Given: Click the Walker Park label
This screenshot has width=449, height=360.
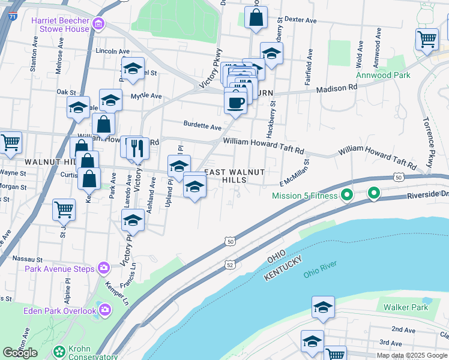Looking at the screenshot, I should click(x=406, y=307).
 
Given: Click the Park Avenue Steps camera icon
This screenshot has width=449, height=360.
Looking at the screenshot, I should click(x=104, y=268).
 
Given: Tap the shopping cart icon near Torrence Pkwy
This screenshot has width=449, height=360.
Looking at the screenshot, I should click(x=427, y=39).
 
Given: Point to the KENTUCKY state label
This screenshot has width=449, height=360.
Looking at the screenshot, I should click(x=284, y=269).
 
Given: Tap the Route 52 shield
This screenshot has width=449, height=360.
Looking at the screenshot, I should click(x=230, y=264).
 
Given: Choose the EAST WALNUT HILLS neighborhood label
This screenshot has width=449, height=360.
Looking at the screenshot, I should click(x=235, y=176).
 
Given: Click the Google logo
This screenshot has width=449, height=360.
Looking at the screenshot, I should click(x=20, y=352).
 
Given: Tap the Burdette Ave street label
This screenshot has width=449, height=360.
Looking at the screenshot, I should click(x=202, y=126).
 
